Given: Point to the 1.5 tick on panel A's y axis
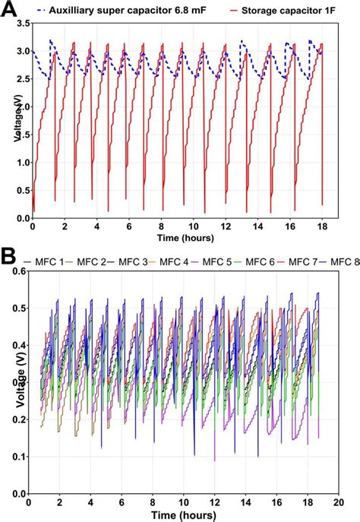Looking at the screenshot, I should click(x=21, y=135).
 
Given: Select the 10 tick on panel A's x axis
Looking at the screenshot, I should click(x=193, y=226).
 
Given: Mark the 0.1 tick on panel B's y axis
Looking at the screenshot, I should click(x=19, y=457).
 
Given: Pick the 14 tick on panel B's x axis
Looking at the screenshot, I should click(x=244, y=502).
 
